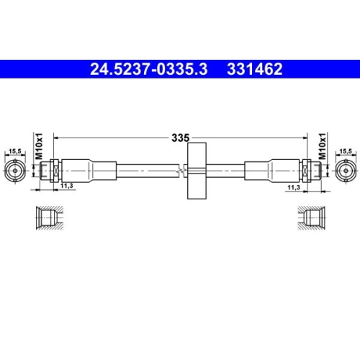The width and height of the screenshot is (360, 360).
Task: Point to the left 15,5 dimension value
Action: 14,152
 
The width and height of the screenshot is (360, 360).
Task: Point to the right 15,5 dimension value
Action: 346,152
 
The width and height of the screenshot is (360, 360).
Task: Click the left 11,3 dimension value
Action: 67,187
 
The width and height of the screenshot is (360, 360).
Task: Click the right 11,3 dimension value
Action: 294,187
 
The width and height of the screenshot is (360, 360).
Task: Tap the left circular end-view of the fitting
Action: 14,171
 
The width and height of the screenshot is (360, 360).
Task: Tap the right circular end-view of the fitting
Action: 346,171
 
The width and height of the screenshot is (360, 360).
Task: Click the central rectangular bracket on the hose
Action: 195,171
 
